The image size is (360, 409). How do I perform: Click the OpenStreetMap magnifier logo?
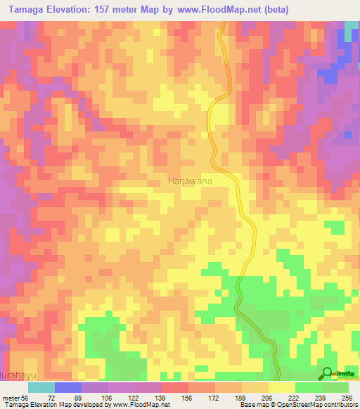[328, 374]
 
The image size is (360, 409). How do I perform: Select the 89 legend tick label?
[87, 397]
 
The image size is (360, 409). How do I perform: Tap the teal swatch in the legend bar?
[41, 387]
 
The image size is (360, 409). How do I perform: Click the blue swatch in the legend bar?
[68, 387]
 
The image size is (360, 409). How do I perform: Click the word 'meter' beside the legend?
[10, 397]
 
